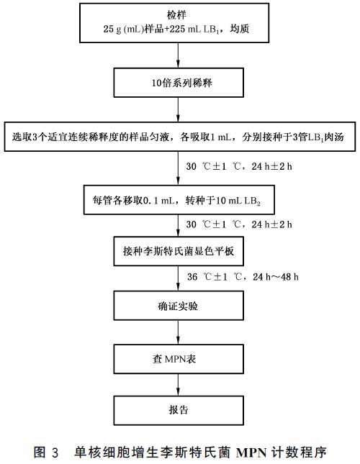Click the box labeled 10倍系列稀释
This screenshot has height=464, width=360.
coord(179,83)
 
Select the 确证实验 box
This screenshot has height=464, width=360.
coord(179,306)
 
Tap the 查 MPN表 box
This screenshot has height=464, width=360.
coord(179,359)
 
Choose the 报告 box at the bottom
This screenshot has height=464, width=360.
coord(179,411)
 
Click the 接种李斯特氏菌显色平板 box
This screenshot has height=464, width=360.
coord(179,251)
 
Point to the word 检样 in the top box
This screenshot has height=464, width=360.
coord(176,15)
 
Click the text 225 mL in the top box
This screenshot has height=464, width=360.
coord(185,29)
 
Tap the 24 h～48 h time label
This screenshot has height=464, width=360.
coord(275,277)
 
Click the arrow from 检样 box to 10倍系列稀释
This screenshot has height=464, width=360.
coord(179,55)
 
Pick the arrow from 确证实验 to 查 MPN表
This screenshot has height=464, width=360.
coord(179,332)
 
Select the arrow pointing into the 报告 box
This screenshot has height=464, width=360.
coord(179,385)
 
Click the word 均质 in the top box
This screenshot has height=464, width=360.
coord(240,29)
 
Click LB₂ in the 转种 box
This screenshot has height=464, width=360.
coord(252,201)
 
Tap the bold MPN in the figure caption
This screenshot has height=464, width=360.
coord(252,452)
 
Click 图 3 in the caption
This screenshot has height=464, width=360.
coord(46,452)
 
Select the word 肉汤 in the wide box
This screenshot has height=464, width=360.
coord(334,137)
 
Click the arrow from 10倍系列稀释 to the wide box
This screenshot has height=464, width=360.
coord(179,109)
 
